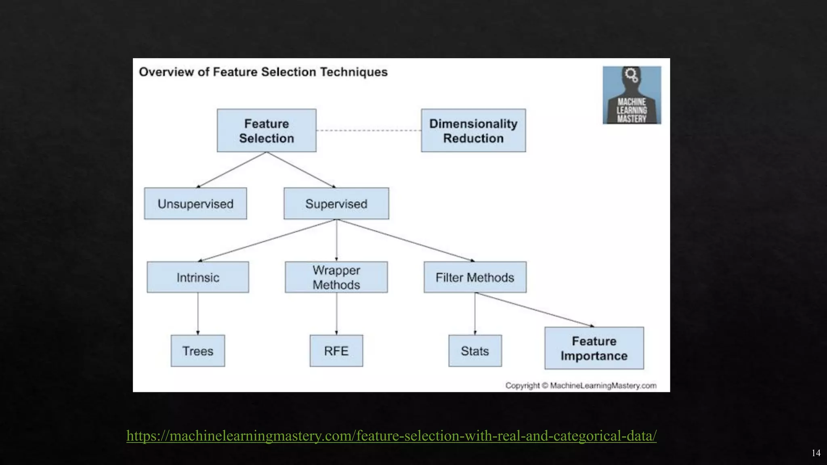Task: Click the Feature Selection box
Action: coord(267,130)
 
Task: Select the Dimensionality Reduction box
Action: coord(473,130)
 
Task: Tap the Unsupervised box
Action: coord(195,203)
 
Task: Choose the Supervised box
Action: coord(336,203)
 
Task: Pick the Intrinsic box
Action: coord(198,277)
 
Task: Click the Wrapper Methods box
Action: coord(336,277)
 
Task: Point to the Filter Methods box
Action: coord(475,277)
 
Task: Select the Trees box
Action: coord(198,351)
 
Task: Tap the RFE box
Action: coord(336,351)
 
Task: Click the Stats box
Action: coord(475,351)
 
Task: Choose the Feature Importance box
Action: coord(594,348)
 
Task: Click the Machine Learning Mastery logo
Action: coord(632,95)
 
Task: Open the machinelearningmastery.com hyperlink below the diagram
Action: coord(391,436)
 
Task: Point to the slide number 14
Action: coord(816,453)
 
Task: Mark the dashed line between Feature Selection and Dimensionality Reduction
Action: coord(368,130)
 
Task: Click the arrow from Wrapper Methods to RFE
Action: coord(336,314)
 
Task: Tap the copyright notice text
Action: coord(581,385)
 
